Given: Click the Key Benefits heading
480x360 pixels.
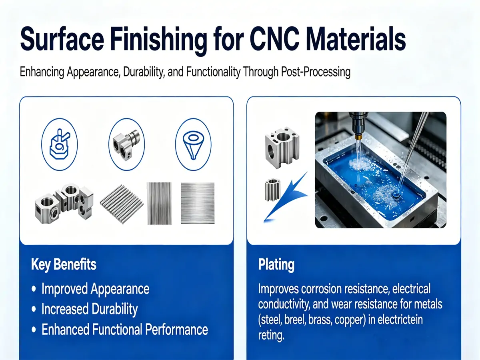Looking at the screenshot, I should coord(64,265).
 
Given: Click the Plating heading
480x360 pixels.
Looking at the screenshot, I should coord(276,265).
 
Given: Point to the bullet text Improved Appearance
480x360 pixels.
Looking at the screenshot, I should coord(95,289).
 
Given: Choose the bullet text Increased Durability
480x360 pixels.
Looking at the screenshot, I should coord(90,309).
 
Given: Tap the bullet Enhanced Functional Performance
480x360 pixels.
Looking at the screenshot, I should coord(124,330).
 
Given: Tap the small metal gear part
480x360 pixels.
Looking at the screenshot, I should coord(272,189).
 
